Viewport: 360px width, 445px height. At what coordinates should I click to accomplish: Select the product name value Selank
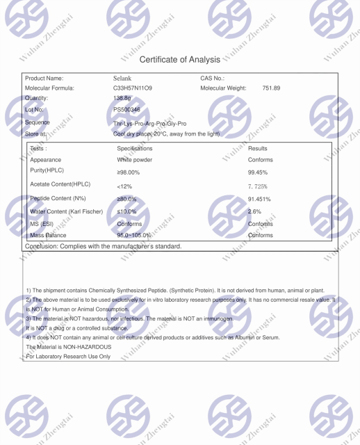(122, 78)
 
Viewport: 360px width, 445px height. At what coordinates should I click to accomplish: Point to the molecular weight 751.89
(271, 88)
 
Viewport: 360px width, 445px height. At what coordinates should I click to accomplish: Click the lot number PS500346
(126, 110)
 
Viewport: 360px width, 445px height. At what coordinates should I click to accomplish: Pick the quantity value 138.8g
(122, 99)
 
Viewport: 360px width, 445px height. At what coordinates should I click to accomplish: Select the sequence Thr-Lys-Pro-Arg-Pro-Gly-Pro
(149, 122)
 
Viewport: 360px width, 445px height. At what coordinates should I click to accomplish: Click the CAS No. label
(213, 78)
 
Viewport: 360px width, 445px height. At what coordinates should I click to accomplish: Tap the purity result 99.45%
(260, 171)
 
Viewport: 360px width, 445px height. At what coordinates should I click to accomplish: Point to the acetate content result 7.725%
(259, 186)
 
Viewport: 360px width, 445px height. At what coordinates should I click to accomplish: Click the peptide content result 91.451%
(261, 200)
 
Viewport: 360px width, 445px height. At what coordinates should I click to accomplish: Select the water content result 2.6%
(254, 211)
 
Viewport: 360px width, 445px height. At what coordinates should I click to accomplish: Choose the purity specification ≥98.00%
(130, 171)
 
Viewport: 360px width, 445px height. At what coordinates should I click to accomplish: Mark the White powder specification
(135, 160)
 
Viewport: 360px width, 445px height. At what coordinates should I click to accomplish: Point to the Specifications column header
(135, 148)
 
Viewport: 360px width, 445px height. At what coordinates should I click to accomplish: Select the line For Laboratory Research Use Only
(68, 357)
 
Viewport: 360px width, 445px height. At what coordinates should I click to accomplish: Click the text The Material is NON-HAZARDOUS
(68, 346)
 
